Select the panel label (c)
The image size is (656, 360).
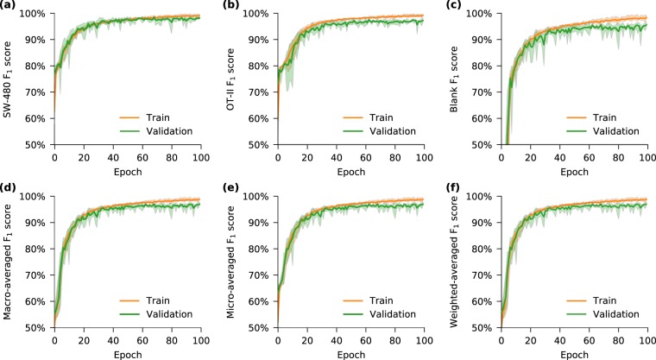pyautogui.click(x=457, y=6)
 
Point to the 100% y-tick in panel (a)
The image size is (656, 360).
pyautogui.click(x=35, y=15)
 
